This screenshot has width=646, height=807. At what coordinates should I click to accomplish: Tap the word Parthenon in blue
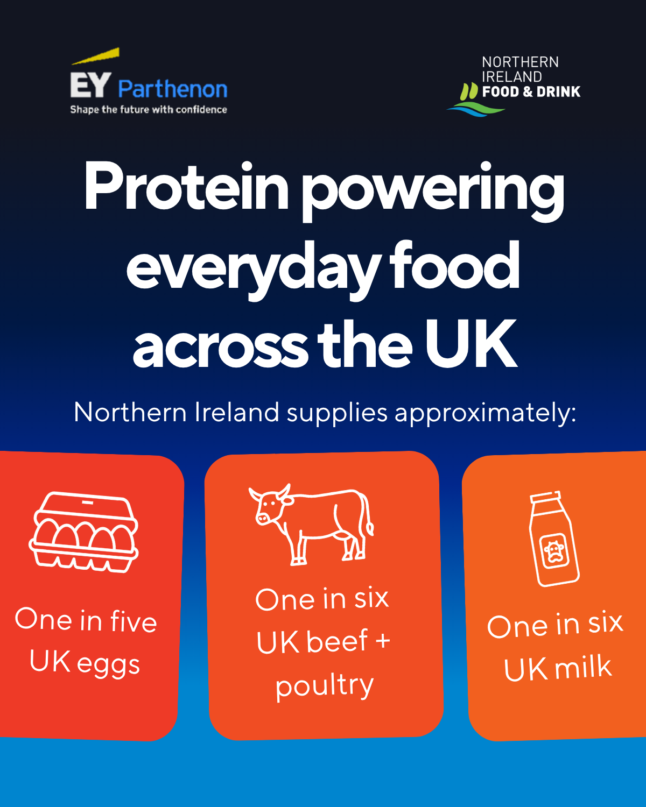coord(173,90)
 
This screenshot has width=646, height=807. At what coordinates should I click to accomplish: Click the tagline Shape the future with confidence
coord(148,110)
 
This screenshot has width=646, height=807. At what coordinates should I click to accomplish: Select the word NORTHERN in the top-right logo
coord(520,62)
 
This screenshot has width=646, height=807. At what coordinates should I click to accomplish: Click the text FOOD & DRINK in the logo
coord(531,91)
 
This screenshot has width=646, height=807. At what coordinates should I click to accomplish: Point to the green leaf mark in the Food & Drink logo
coord(469,91)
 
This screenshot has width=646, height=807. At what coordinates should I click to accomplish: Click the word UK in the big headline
coord(471,344)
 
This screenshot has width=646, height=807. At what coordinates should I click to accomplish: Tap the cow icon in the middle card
coord(311,525)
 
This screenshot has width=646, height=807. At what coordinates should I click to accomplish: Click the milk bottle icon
coord(554,539)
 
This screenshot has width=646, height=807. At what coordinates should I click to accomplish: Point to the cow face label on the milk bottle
coord(554,551)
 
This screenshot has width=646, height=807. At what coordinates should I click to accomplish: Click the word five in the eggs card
coord(134,621)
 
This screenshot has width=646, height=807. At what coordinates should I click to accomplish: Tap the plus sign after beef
coord(383,641)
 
